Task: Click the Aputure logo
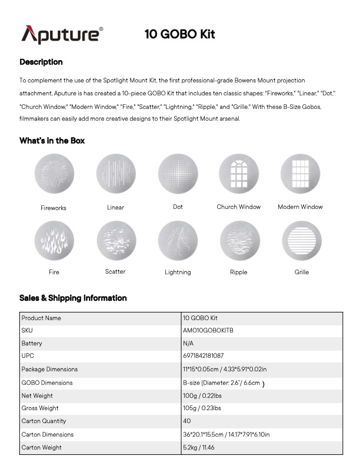click(x=62, y=34)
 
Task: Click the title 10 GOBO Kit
click(x=179, y=34)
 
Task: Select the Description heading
click(x=41, y=62)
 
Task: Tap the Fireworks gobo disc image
click(x=54, y=174)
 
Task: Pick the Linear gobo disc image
click(x=116, y=174)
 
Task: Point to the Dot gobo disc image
click(x=178, y=174)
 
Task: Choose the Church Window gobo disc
click(x=239, y=174)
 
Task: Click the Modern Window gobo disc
click(x=300, y=174)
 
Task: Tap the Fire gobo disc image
click(x=54, y=241)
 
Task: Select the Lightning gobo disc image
click(x=178, y=241)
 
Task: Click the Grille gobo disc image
click(x=301, y=241)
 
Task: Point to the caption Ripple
click(x=239, y=272)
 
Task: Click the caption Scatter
click(x=115, y=272)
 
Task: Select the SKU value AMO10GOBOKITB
click(x=208, y=331)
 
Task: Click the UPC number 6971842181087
click(x=204, y=357)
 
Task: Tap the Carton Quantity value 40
click(x=187, y=421)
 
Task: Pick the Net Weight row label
click(x=37, y=395)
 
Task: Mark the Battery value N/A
click(x=188, y=344)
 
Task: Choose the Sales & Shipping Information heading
click(x=73, y=298)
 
